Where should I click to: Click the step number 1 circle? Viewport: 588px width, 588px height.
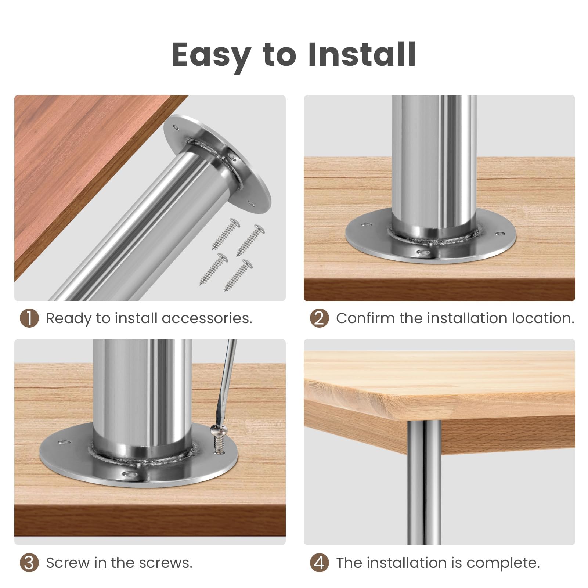(x=29, y=318)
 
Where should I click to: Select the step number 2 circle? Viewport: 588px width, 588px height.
(x=319, y=318)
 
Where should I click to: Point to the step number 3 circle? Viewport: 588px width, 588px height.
(x=29, y=563)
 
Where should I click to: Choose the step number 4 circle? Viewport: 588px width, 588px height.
(x=319, y=563)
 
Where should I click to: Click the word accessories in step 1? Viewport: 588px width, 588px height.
(x=207, y=318)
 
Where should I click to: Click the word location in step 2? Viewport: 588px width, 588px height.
(x=543, y=318)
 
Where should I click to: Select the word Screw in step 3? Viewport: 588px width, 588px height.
(x=68, y=563)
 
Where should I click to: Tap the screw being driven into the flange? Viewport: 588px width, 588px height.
(x=218, y=439)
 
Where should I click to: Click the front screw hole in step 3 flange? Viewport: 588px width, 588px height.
(x=129, y=474)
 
